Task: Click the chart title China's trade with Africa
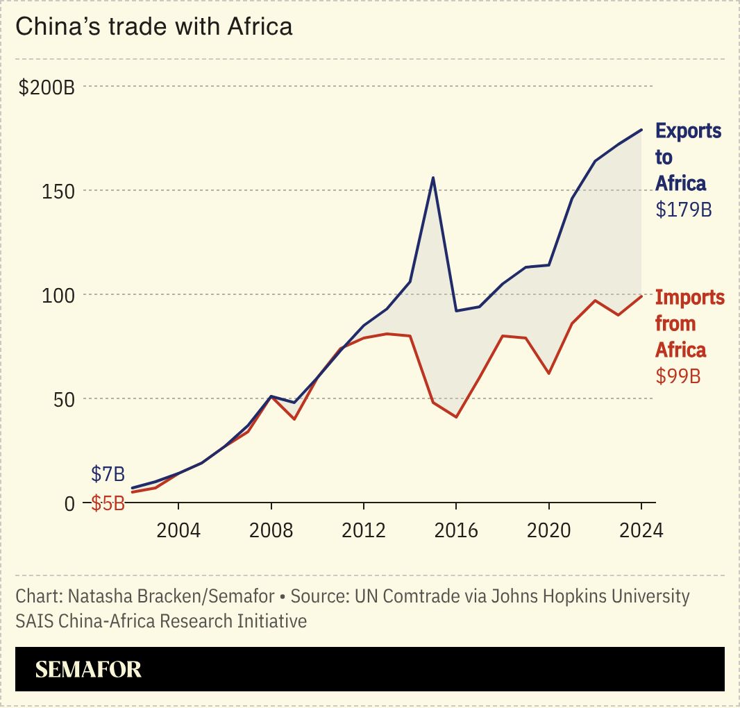pyautogui.click(x=153, y=26)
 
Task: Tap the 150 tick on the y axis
pyautogui.click(x=60, y=191)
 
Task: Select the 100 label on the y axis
pyautogui.click(x=60, y=295)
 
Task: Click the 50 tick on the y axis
pyautogui.click(x=64, y=399)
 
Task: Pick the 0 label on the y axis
pyautogui.click(x=69, y=503)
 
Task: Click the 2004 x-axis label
pyautogui.click(x=178, y=530)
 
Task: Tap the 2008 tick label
pyautogui.click(x=271, y=530)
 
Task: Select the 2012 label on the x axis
pyautogui.click(x=364, y=530)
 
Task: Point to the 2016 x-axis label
pyautogui.click(x=456, y=530)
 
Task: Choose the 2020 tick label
pyautogui.click(x=548, y=530)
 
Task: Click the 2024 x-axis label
pyautogui.click(x=641, y=530)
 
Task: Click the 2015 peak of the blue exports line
pyautogui.click(x=433, y=178)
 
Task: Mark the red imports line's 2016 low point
pyautogui.click(x=456, y=417)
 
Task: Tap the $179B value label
pyautogui.click(x=684, y=210)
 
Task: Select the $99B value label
pyautogui.click(x=678, y=376)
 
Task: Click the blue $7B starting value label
pyautogui.click(x=108, y=475)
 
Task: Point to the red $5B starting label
pyautogui.click(x=108, y=503)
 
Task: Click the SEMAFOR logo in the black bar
pyautogui.click(x=88, y=669)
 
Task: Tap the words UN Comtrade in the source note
pyautogui.click(x=394, y=596)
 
